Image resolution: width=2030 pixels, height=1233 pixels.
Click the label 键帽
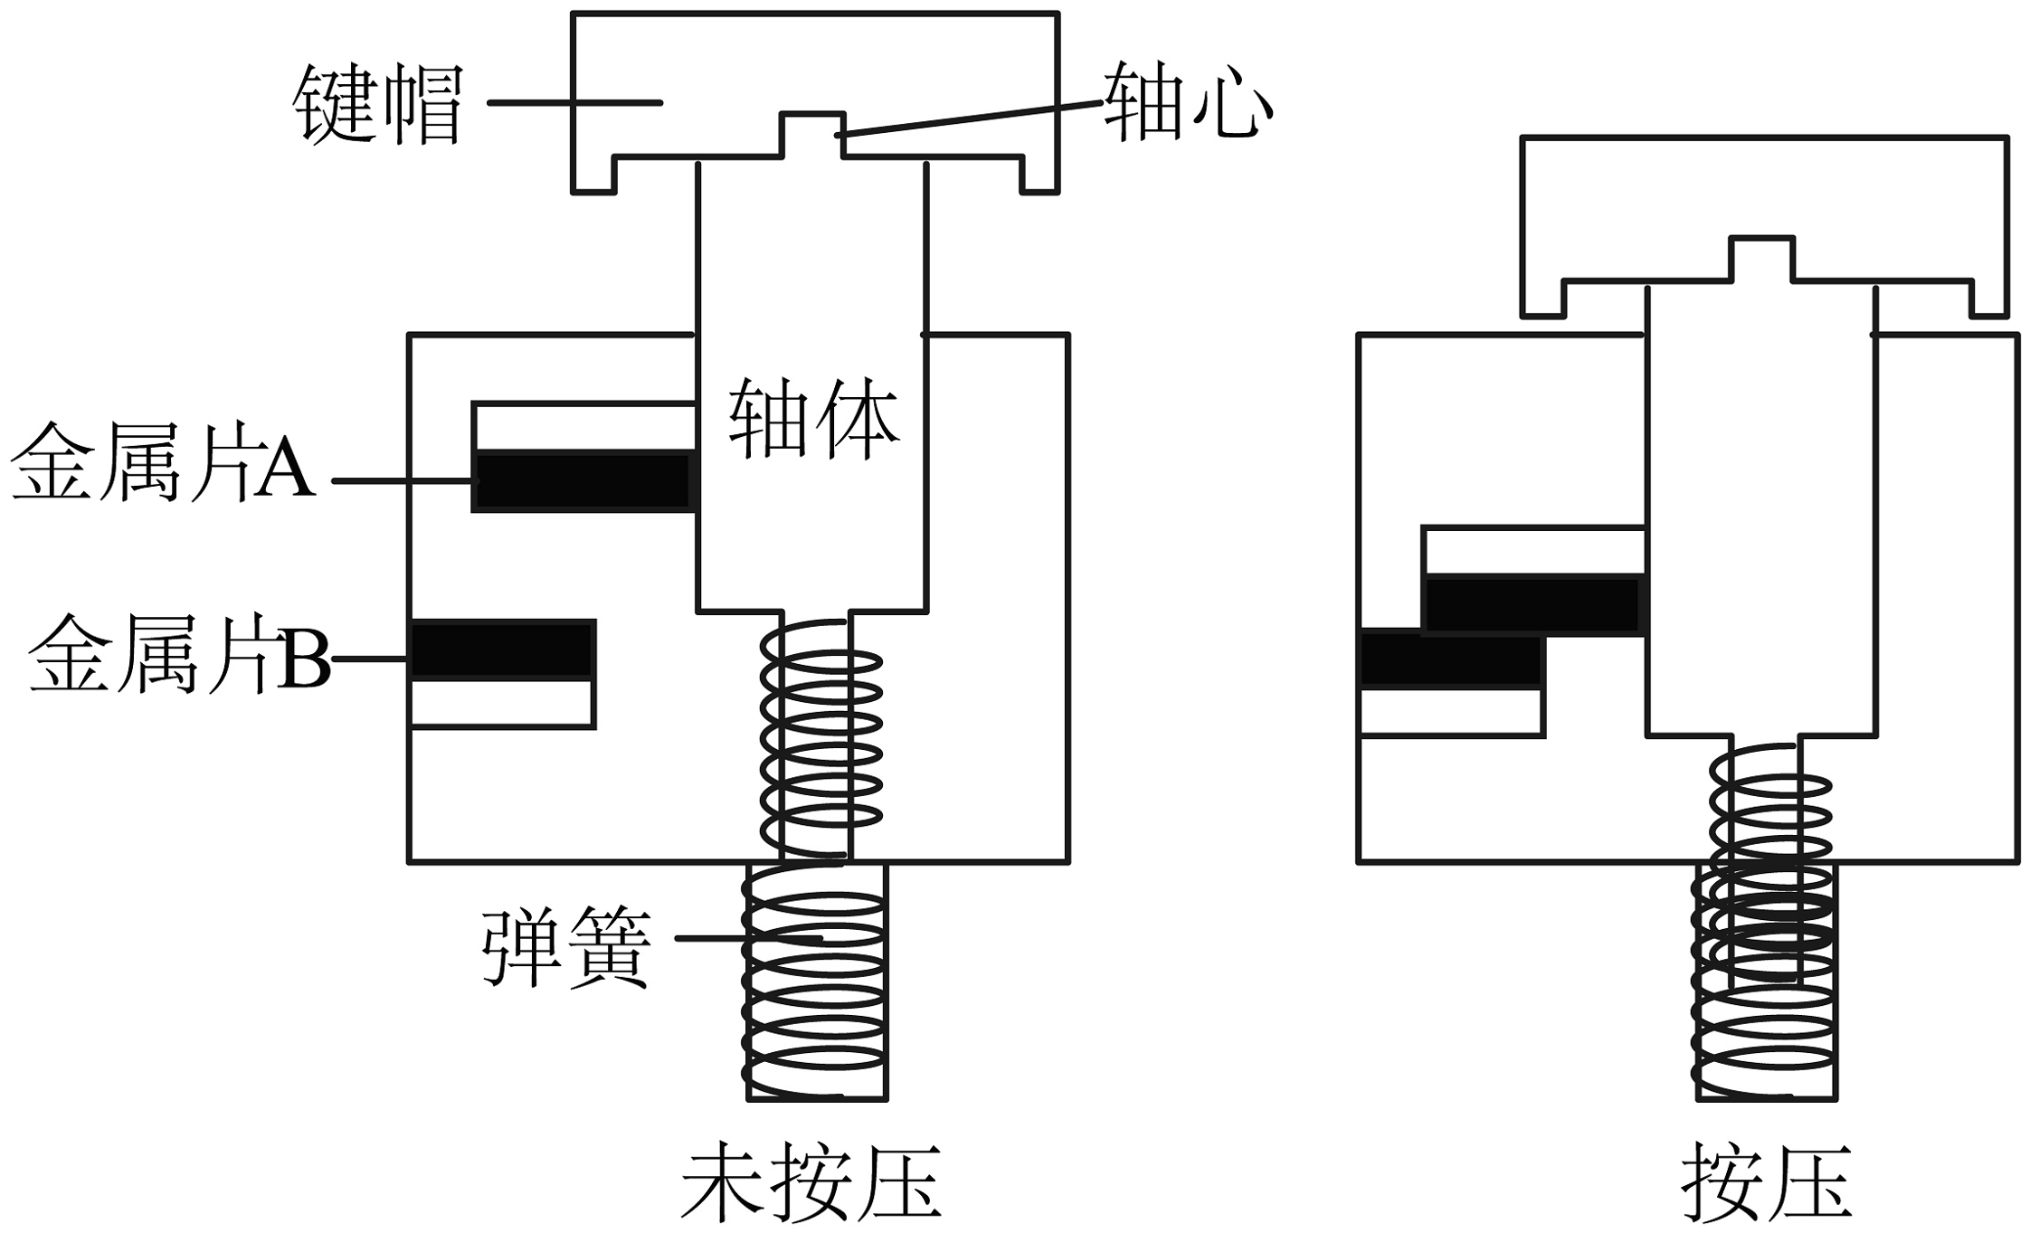pyautogui.click(x=378, y=104)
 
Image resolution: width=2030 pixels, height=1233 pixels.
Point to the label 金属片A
pyautogui.click(x=163, y=460)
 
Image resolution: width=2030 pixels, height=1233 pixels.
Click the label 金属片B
pyautogui.click(x=179, y=652)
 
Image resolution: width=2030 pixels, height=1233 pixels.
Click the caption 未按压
pyautogui.click(x=811, y=1184)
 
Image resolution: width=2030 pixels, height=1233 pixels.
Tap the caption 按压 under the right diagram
pyautogui.click(x=1767, y=1184)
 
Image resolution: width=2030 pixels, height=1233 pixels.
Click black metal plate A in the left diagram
pyautogui.click(x=583, y=480)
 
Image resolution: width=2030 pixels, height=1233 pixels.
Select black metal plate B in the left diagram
pyautogui.click(x=502, y=650)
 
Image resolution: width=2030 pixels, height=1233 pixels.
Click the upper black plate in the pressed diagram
pyautogui.click(x=1533, y=604)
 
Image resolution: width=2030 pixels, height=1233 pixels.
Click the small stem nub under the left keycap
pyautogui.click(x=812, y=137)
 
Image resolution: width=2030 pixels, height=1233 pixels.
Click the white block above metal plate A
pyautogui.click(x=584, y=426)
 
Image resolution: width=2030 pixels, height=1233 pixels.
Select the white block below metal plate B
pyautogui.click(x=502, y=703)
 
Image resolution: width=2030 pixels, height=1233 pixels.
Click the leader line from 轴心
pyautogui.click(x=970, y=119)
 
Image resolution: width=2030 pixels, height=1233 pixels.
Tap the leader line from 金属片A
pyautogui.click(x=402, y=481)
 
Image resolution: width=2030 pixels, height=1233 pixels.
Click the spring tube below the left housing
pyautogui.click(x=817, y=982)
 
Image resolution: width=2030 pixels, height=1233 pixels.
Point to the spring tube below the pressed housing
pyautogui.click(x=1767, y=982)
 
